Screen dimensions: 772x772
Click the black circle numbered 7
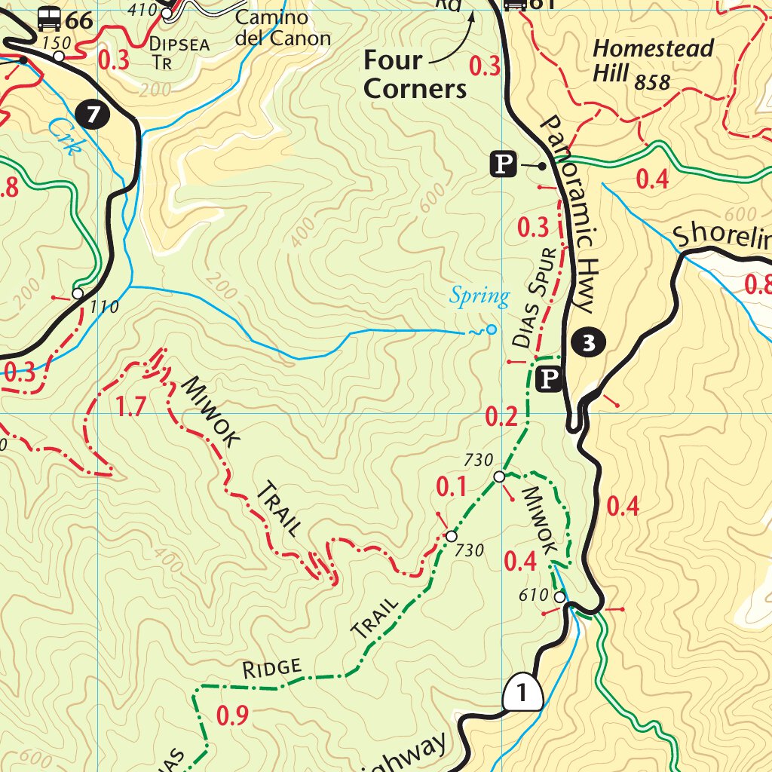93,115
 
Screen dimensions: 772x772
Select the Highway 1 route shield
522,691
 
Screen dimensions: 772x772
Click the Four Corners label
415,75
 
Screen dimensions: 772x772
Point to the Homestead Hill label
652,60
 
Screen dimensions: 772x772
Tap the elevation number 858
652,82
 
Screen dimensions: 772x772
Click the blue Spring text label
479,296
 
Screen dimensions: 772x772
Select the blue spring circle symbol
491,329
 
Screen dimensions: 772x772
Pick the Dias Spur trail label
538,298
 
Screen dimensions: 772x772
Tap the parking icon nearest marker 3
549,379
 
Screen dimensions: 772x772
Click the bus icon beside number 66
51,18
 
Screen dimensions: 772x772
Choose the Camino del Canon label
283,28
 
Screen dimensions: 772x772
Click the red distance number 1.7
130,407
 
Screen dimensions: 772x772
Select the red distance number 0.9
232,715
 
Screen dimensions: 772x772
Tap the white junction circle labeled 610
559,597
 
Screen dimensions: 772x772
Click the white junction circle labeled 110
78,293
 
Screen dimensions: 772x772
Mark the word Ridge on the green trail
272,667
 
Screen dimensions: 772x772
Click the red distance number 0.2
501,417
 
